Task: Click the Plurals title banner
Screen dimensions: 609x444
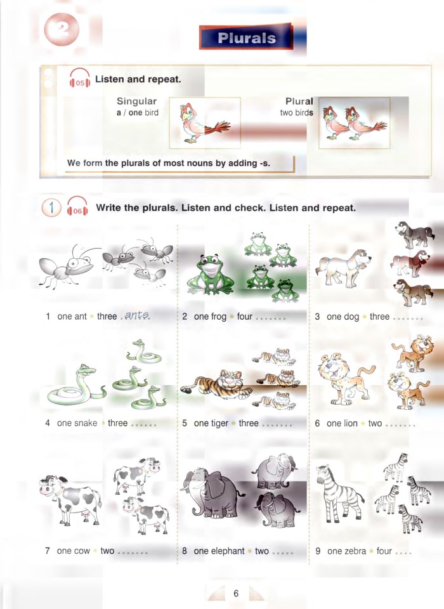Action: pyautogui.click(x=246, y=37)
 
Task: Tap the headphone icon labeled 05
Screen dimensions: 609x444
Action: pyautogui.click(x=79, y=81)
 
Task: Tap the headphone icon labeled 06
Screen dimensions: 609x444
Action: pyautogui.click(x=77, y=208)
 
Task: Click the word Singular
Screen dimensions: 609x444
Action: pyautogui.click(x=136, y=101)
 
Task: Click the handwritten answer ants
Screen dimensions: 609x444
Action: pyautogui.click(x=137, y=315)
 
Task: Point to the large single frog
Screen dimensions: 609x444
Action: pyautogui.click(x=209, y=275)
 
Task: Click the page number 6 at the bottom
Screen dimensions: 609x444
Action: pyautogui.click(x=235, y=594)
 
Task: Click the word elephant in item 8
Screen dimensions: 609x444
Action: pyautogui.click(x=227, y=551)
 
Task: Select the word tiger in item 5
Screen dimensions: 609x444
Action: pyautogui.click(x=221, y=423)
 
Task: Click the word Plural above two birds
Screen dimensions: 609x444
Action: pyautogui.click(x=299, y=101)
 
